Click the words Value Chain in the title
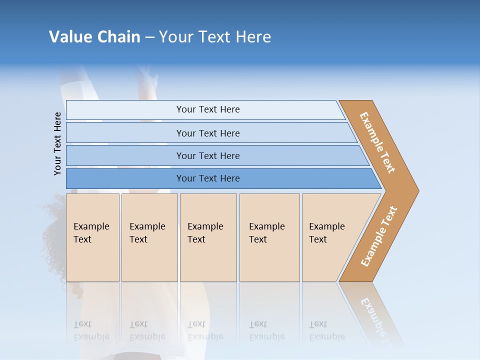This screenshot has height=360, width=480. click(x=94, y=37)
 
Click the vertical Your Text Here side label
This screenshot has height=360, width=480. click(x=57, y=143)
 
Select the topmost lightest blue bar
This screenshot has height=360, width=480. click(x=125, y=110)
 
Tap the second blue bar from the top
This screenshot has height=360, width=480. click(x=125, y=133)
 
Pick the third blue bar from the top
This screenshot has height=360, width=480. click(x=125, y=155)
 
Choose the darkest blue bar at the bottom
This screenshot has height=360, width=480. click(x=125, y=178)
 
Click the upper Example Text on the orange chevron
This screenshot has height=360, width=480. click(x=377, y=142)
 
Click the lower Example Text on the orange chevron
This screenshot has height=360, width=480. click(x=379, y=236)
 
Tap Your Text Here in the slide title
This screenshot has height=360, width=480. click(x=215, y=37)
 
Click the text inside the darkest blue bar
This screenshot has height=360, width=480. click(x=208, y=178)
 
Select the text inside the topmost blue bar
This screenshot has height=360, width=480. click(x=208, y=109)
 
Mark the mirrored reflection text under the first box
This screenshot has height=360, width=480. click(x=91, y=331)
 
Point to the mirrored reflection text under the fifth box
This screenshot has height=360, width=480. click(x=326, y=331)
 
